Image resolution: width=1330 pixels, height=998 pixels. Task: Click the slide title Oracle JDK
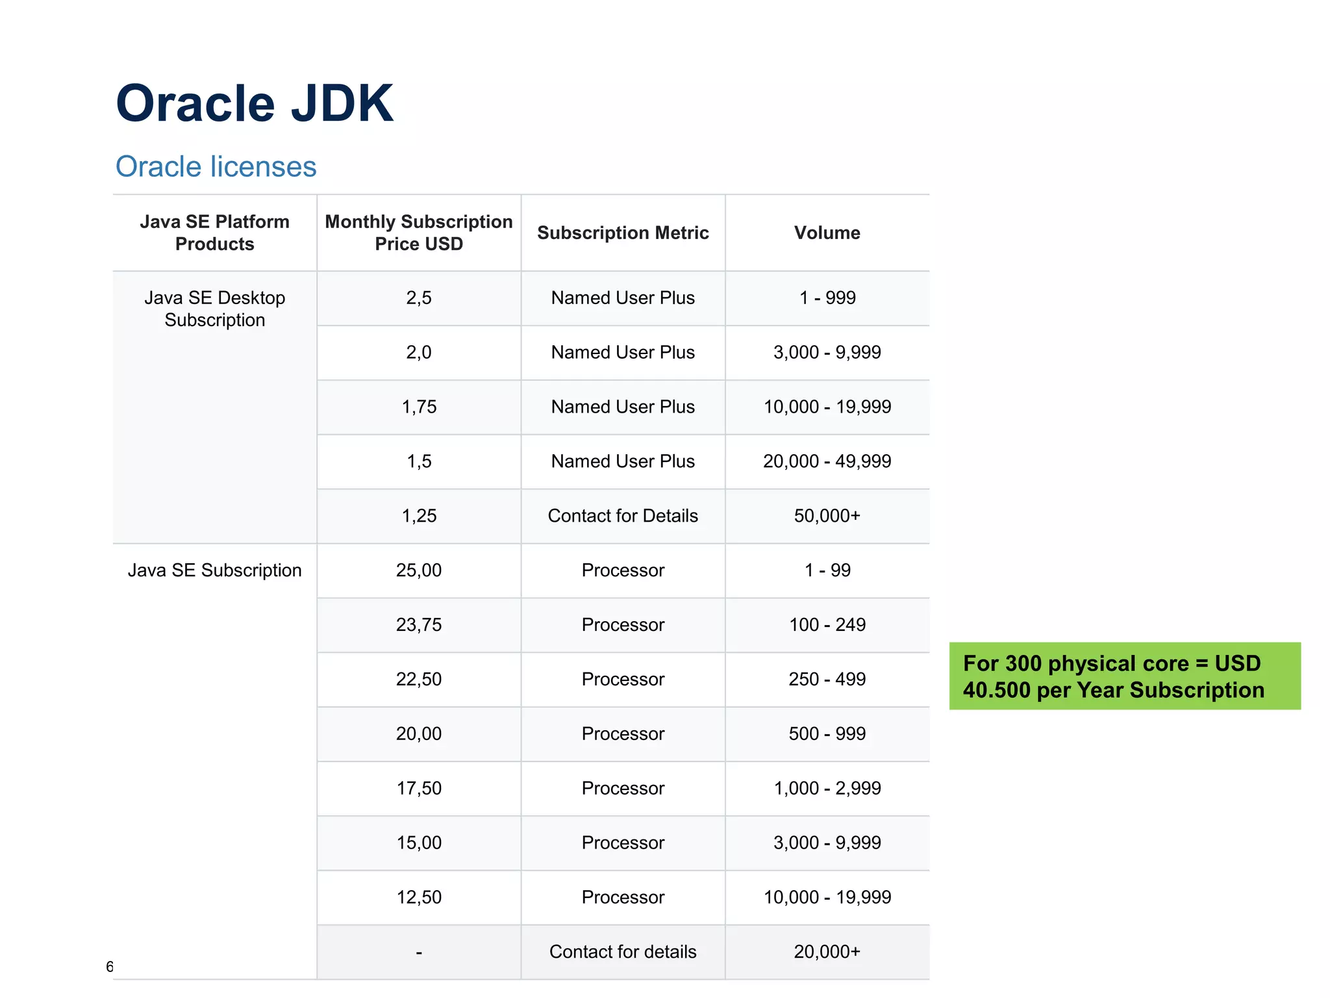coord(255,104)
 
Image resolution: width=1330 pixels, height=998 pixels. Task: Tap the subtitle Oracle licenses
coord(216,167)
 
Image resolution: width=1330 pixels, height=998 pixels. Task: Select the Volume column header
coord(827,233)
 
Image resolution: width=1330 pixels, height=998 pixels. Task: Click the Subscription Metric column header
coord(623,233)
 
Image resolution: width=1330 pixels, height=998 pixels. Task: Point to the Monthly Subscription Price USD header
coord(419,233)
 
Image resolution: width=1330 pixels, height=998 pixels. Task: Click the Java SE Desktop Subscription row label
coord(215,309)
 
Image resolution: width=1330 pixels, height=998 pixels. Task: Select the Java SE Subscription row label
coord(215,570)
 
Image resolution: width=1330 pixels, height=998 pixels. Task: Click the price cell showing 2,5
coord(419,298)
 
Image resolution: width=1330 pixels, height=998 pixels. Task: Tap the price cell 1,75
coord(419,407)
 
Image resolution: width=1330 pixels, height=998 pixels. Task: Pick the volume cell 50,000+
coord(827,516)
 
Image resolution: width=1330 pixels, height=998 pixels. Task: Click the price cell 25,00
coord(419,570)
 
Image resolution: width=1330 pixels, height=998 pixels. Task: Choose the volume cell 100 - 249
coord(827,625)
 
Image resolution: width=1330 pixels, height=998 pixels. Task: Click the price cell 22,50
coord(419,680)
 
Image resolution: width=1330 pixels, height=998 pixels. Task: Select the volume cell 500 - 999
coord(827,734)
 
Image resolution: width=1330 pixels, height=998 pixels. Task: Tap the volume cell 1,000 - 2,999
coord(827,789)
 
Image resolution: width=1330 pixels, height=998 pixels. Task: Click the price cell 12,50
coord(419,897)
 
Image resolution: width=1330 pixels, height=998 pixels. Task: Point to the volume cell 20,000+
coord(827,952)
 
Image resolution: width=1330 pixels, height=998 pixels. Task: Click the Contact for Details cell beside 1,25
coord(623,516)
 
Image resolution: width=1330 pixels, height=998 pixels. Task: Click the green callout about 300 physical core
coord(1124,676)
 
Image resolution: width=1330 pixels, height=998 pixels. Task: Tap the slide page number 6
coord(109,967)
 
